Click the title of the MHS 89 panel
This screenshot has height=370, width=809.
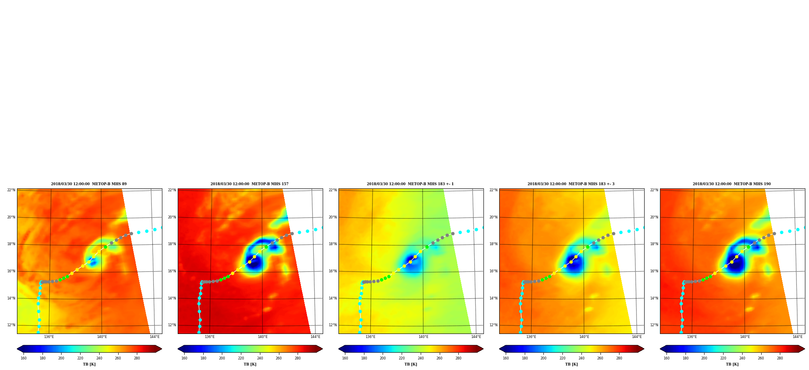click(89, 184)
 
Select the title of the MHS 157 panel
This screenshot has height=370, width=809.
click(249, 184)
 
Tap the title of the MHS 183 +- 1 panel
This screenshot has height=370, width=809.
click(410, 184)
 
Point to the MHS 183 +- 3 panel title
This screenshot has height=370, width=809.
click(571, 184)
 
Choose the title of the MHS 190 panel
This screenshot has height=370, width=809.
click(732, 184)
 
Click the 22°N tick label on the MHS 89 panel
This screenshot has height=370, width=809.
click(11, 190)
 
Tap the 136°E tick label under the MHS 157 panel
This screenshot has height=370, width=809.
click(210, 337)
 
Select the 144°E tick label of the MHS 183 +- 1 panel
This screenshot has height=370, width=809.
click(476, 337)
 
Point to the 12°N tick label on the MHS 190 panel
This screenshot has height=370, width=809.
click(654, 325)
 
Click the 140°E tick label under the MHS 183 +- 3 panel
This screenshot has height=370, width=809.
click(584, 337)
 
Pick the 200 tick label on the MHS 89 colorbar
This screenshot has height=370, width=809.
click(61, 358)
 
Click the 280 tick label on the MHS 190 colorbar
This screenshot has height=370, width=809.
click(780, 358)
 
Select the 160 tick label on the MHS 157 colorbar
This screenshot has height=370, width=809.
click(184, 358)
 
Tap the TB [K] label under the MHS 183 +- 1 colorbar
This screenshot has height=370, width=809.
click(411, 364)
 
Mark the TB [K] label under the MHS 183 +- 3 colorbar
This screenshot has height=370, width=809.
click(572, 364)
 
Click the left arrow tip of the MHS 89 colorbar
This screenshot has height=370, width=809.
click(17, 349)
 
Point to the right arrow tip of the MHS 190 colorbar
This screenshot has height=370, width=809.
click(805, 349)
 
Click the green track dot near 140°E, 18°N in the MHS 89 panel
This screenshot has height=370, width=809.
click(105, 247)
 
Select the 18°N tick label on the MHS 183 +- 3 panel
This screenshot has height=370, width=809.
click(494, 244)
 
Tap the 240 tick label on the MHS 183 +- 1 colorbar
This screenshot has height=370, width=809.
click(421, 358)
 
